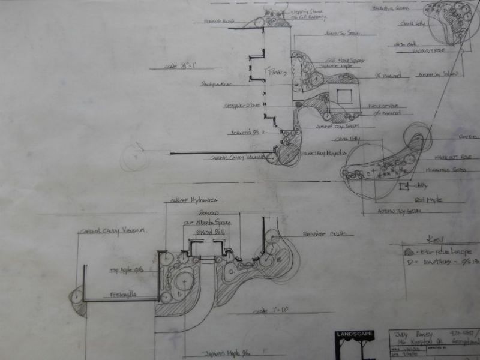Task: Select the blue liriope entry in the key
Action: click(441, 251)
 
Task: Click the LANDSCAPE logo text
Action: click(354, 334)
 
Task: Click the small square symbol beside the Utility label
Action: click(403, 187)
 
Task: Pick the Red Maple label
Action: click(428, 199)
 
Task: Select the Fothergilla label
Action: click(123, 295)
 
